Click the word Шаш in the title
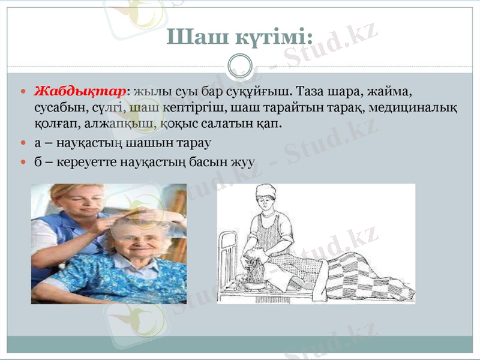tap(191, 37)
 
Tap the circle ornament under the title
tap(240, 65)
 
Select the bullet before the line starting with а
tap(23, 145)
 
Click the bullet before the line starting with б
tap(23, 162)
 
